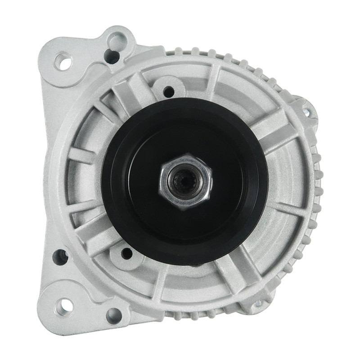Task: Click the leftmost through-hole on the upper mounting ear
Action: coord(63,61)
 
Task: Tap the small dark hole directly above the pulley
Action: coord(169,92)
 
